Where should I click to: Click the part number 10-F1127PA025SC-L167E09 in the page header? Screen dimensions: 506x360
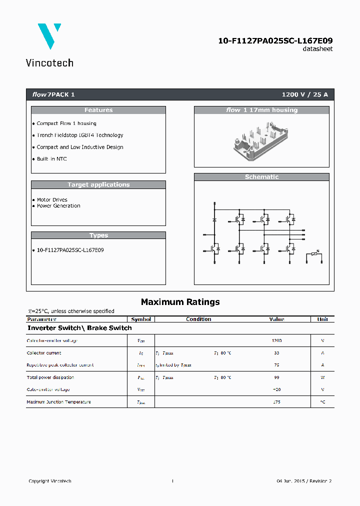[x=275, y=40]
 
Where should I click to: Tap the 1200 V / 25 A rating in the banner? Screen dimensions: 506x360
[x=304, y=94]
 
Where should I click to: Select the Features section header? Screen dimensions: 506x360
[x=98, y=110]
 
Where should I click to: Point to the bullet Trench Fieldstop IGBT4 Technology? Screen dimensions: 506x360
[x=79, y=135]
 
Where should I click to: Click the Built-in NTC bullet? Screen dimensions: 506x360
[x=51, y=159]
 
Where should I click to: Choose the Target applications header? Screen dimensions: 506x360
[x=98, y=184]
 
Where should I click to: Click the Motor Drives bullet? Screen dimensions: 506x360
[x=52, y=199]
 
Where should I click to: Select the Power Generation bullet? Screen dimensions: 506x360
[x=58, y=205]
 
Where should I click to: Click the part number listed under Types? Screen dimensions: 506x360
[x=70, y=249]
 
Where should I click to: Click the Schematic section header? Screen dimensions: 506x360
[x=261, y=177]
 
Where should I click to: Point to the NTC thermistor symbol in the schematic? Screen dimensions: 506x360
[x=314, y=254]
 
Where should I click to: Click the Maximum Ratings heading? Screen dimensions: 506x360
[x=180, y=301]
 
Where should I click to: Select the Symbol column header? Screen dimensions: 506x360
[x=141, y=319]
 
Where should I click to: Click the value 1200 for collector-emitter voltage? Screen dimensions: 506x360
[x=276, y=340]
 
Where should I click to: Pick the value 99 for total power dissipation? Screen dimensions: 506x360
[x=276, y=377]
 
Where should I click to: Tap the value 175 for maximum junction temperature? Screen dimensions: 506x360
[x=276, y=402]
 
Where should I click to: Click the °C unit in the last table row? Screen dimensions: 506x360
[x=322, y=402]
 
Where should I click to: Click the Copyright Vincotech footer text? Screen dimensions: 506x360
[x=50, y=481]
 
